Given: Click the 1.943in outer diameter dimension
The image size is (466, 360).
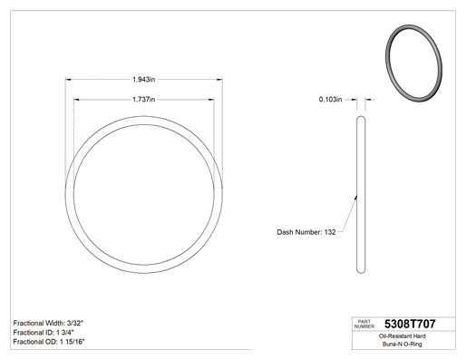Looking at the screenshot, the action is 144,80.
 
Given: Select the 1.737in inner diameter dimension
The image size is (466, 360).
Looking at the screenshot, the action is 144,100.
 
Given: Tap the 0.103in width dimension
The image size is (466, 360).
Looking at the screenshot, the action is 330,100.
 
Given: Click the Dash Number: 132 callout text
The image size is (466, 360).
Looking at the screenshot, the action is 306,232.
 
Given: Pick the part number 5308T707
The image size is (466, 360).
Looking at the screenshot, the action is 410,324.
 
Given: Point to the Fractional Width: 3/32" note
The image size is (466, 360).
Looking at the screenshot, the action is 48,323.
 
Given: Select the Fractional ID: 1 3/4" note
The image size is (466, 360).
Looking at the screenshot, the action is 44,333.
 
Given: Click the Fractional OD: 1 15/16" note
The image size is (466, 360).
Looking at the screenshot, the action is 49,342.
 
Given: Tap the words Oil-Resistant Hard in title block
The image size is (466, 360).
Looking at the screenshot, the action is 403,336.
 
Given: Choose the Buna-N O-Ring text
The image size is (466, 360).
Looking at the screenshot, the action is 403,344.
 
